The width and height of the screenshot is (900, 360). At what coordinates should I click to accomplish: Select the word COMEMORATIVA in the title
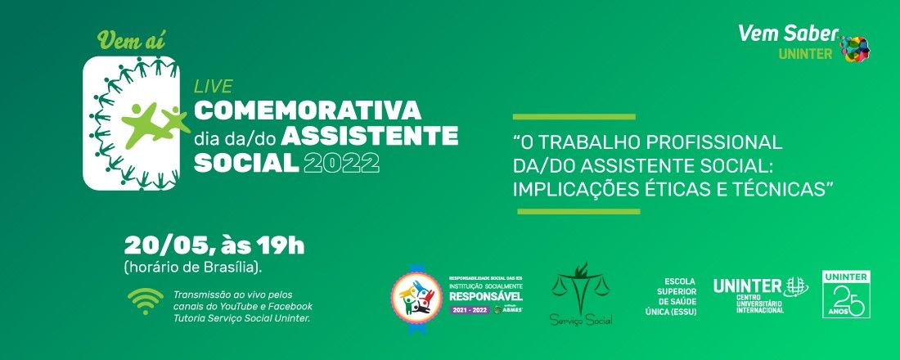tap(307, 110)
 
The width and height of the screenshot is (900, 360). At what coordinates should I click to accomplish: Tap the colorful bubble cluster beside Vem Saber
tap(855, 48)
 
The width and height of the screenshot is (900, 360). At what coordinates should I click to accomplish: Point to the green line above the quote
tap(574, 117)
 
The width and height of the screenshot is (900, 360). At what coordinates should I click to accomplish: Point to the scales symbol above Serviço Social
tap(582, 283)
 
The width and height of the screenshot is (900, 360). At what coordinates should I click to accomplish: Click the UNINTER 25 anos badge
tap(846, 294)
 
